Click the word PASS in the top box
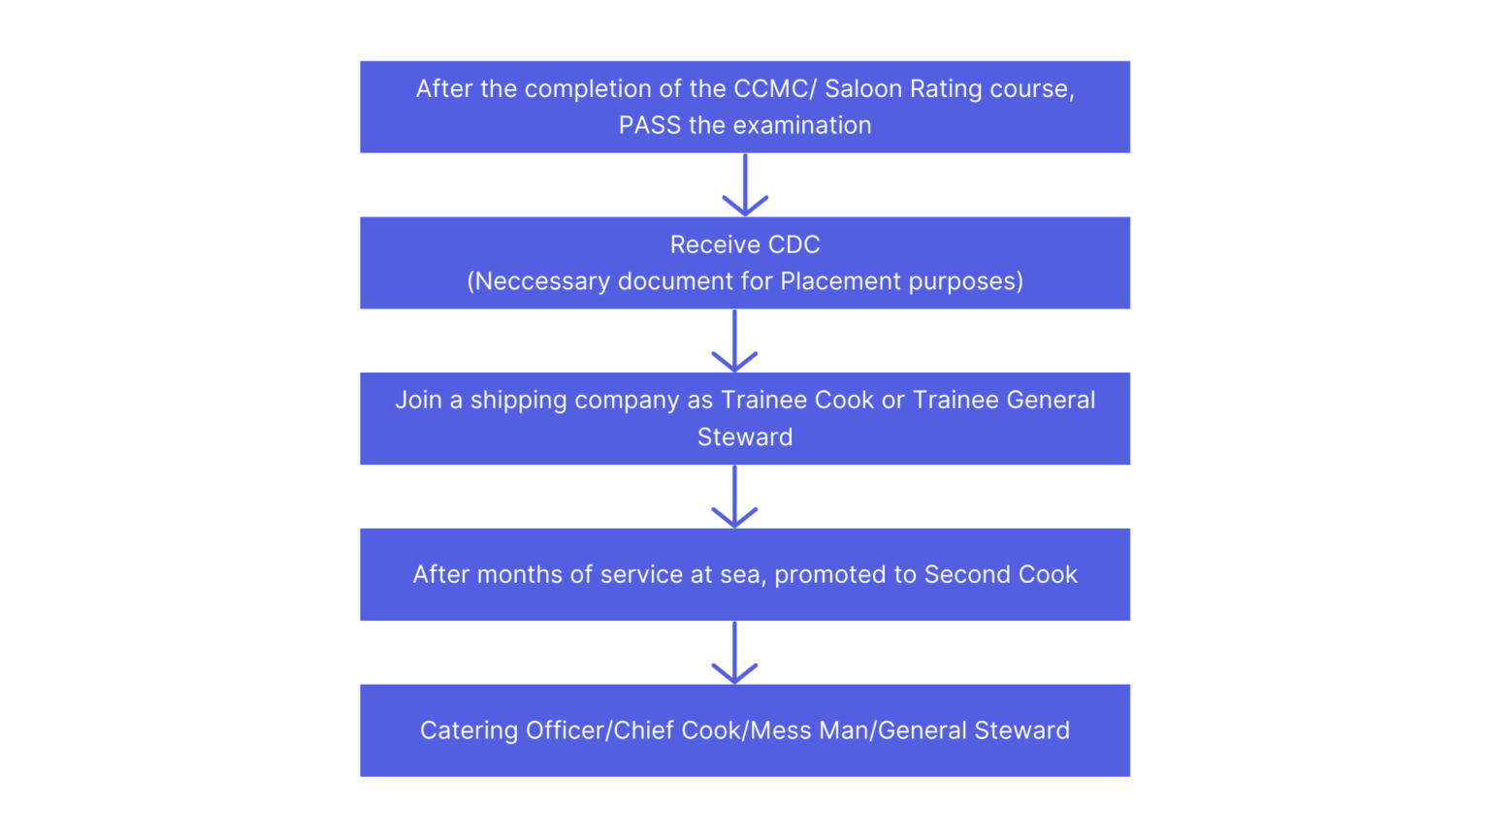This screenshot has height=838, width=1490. click(649, 125)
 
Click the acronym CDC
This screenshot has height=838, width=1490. click(794, 244)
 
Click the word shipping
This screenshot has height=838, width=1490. click(518, 400)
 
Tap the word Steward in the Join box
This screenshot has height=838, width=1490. click(745, 436)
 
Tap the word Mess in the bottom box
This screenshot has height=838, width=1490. click(777, 730)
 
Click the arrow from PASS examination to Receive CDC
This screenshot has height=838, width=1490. click(745, 185)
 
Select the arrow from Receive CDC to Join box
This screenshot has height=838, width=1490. click(734, 341)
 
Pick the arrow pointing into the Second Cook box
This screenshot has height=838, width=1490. click(734, 497)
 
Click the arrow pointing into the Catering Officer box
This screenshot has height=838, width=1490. click(734, 653)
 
